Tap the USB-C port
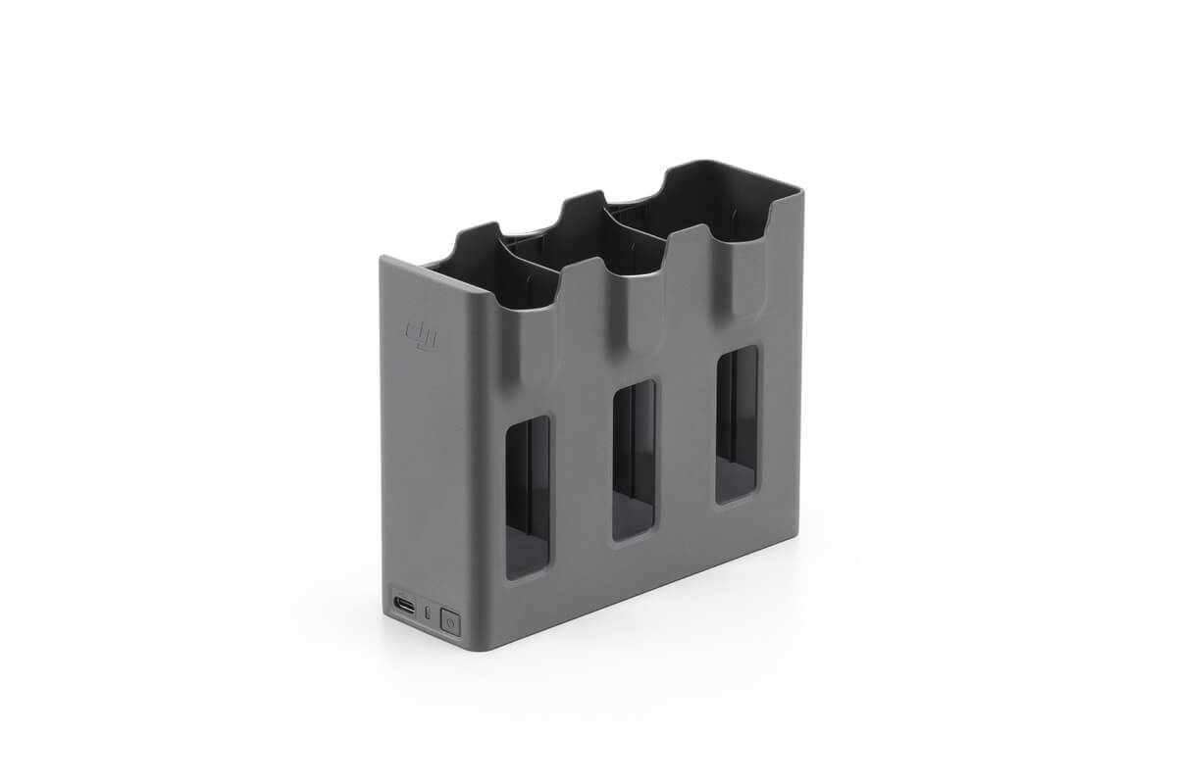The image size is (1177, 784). click(x=404, y=605)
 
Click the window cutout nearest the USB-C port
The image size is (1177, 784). click(x=527, y=496)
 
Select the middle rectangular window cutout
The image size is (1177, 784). click(x=634, y=460)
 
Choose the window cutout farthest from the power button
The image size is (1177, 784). click(x=737, y=423)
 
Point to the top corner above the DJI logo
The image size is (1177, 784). click(x=384, y=259)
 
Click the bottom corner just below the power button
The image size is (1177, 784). click(x=461, y=647)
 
